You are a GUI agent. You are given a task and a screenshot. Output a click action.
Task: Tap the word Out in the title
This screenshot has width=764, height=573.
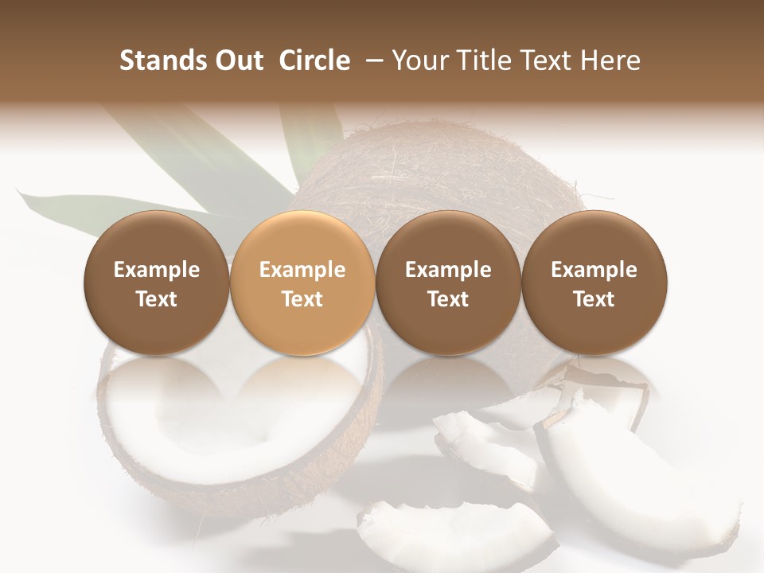point(238,60)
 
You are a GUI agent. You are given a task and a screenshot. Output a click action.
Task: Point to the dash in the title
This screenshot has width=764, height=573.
point(371,61)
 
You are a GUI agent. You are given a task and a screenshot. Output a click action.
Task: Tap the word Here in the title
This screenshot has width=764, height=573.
point(610,60)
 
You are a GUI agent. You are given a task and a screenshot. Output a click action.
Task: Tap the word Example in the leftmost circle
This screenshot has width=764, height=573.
point(157,270)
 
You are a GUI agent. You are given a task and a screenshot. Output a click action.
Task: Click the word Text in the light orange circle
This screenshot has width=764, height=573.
point(302,299)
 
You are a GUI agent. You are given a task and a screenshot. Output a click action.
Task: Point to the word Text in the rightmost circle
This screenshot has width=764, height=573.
point(594,299)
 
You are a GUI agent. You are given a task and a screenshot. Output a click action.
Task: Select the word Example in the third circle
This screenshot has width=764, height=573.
point(448,270)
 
